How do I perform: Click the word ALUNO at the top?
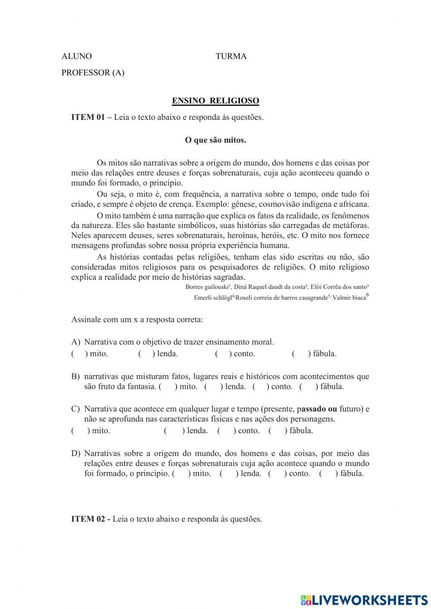pyautogui.click(x=77, y=56)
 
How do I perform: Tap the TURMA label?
pyautogui.click(x=231, y=56)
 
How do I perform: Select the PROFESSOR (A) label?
pyautogui.click(x=93, y=72)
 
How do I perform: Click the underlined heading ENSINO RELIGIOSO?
pyautogui.click(x=215, y=101)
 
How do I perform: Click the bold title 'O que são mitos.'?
pyautogui.click(x=215, y=140)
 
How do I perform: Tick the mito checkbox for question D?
pyautogui.click(x=181, y=474)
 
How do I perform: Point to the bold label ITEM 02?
pyautogui.click(x=88, y=519)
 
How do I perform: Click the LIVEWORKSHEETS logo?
pyautogui.click(x=364, y=600)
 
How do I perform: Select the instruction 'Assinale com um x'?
pyautogui.click(x=103, y=320)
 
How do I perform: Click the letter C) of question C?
pyautogui.click(x=76, y=409)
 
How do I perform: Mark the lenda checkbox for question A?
pyautogui.click(x=147, y=354)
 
